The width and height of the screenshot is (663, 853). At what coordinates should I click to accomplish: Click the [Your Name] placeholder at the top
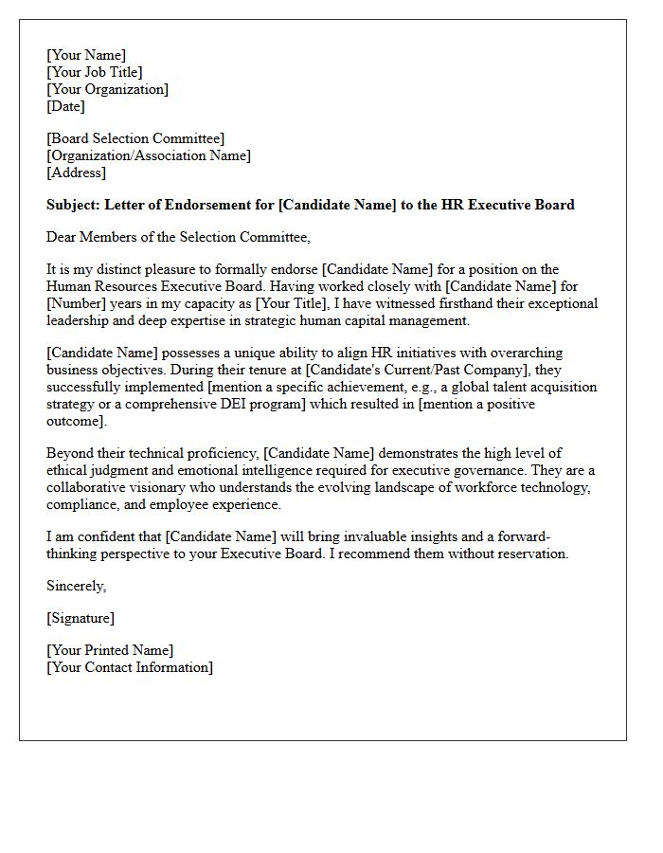coord(86,55)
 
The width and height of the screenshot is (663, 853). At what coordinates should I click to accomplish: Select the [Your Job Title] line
coord(95,72)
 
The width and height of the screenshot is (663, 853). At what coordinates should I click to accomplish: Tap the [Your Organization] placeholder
coord(107,89)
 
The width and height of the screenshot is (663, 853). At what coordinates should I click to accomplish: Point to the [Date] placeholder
coord(65,106)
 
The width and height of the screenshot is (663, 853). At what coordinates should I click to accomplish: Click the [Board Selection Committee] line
coord(135,138)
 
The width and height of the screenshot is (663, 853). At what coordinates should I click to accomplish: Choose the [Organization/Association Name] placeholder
coord(149,155)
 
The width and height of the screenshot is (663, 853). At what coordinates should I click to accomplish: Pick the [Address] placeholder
coord(76,172)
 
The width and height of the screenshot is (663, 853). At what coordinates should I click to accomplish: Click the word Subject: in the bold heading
coord(74,205)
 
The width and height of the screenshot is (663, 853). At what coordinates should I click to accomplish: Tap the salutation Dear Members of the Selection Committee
coord(178,237)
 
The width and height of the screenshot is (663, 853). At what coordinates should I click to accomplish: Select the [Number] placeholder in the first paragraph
coord(77,303)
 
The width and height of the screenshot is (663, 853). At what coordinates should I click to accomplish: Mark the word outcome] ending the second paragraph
coord(77,421)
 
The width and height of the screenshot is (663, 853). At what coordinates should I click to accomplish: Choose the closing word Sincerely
coord(76,586)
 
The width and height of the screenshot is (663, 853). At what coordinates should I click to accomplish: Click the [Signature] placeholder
coord(81,618)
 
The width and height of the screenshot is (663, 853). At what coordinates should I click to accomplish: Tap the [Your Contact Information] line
coord(130,667)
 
